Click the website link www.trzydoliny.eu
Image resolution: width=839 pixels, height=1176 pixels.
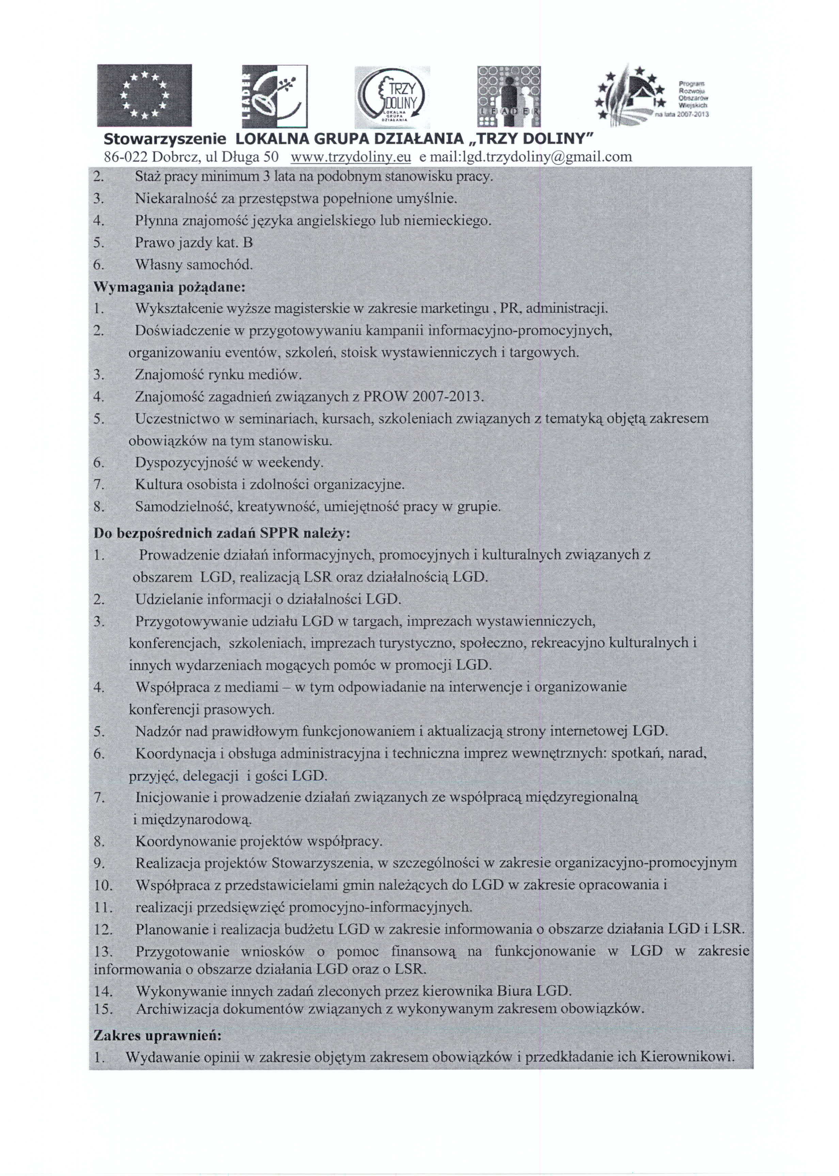(x=351, y=157)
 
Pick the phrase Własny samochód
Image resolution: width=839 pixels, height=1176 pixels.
(x=194, y=265)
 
